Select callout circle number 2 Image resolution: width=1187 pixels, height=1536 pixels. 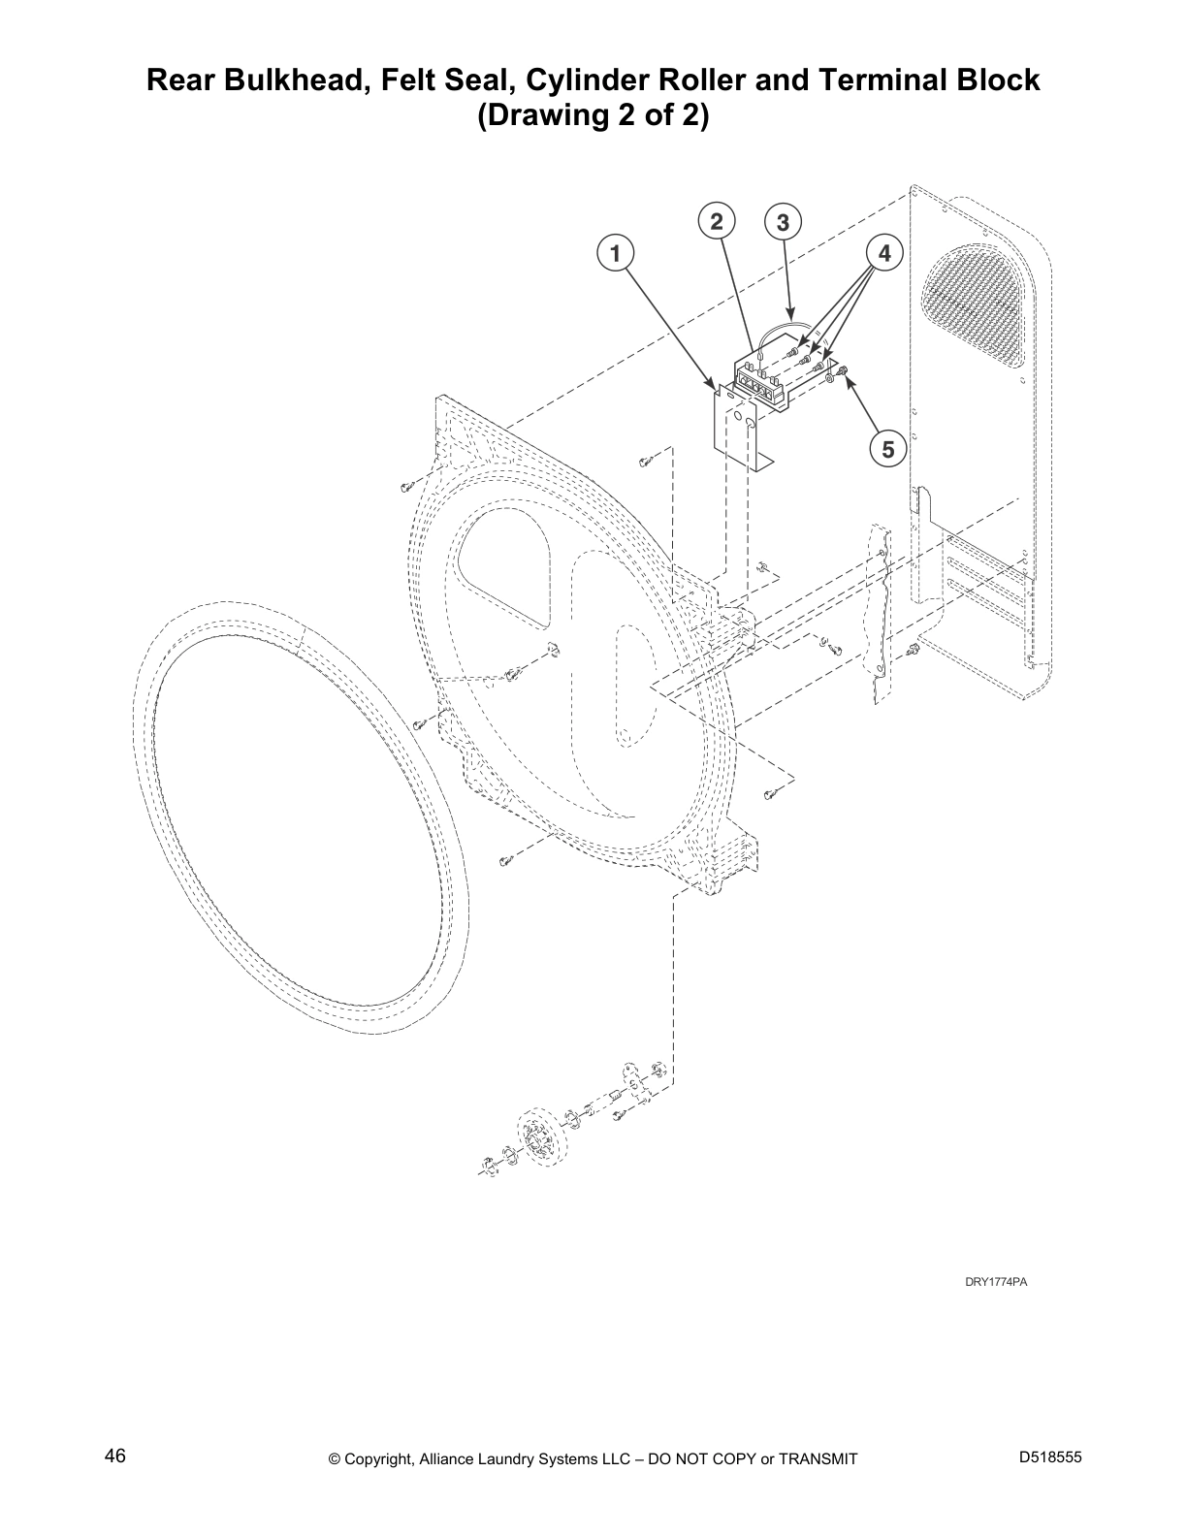tap(716, 222)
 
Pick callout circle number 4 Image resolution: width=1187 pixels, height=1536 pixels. tap(884, 254)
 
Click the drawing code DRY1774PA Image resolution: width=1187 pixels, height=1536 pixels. tap(995, 1282)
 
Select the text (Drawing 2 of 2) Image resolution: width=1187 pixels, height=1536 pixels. tap(593, 116)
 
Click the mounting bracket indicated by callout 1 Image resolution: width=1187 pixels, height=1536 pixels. tap(734, 427)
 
